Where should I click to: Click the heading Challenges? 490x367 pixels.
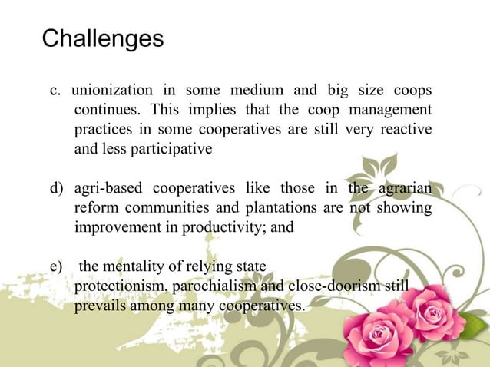point(102,38)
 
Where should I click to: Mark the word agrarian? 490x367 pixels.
point(403,189)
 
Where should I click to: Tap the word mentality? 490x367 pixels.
point(137,267)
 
